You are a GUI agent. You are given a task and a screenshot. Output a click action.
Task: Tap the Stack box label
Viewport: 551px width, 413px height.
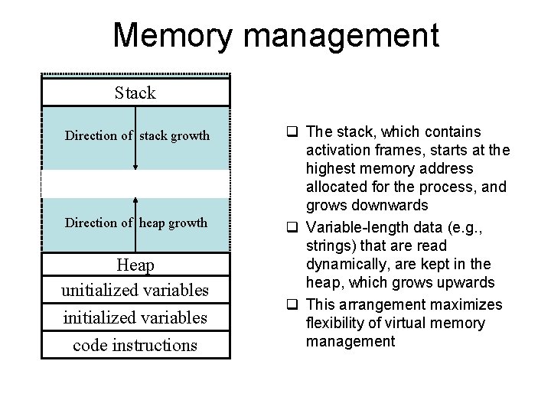(x=135, y=93)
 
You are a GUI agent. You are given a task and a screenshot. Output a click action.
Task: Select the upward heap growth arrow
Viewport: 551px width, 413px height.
(x=135, y=223)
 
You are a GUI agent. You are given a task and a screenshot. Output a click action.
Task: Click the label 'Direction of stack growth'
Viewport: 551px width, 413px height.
(x=137, y=136)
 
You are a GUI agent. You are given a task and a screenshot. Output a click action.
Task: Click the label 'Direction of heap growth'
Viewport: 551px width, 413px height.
(x=136, y=223)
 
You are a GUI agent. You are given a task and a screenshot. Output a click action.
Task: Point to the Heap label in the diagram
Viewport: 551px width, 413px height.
(x=135, y=265)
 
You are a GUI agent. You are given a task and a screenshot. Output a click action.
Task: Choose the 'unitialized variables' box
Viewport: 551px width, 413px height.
(x=135, y=291)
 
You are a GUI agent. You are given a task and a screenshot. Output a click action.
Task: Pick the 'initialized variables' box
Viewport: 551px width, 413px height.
(x=135, y=317)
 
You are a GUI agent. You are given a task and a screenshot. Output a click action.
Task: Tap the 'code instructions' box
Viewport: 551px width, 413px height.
(x=135, y=345)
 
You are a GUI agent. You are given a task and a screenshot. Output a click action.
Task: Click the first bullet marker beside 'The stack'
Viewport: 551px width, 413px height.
(x=292, y=132)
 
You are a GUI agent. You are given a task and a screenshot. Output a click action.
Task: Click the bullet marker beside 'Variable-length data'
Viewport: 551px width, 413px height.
(x=292, y=228)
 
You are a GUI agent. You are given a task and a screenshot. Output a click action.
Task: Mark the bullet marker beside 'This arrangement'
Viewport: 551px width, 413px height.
(x=292, y=305)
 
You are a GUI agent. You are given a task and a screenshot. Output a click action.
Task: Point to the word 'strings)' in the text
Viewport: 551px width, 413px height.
(x=331, y=246)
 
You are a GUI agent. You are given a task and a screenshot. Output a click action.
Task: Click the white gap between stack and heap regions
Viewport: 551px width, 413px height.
(x=135, y=184)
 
